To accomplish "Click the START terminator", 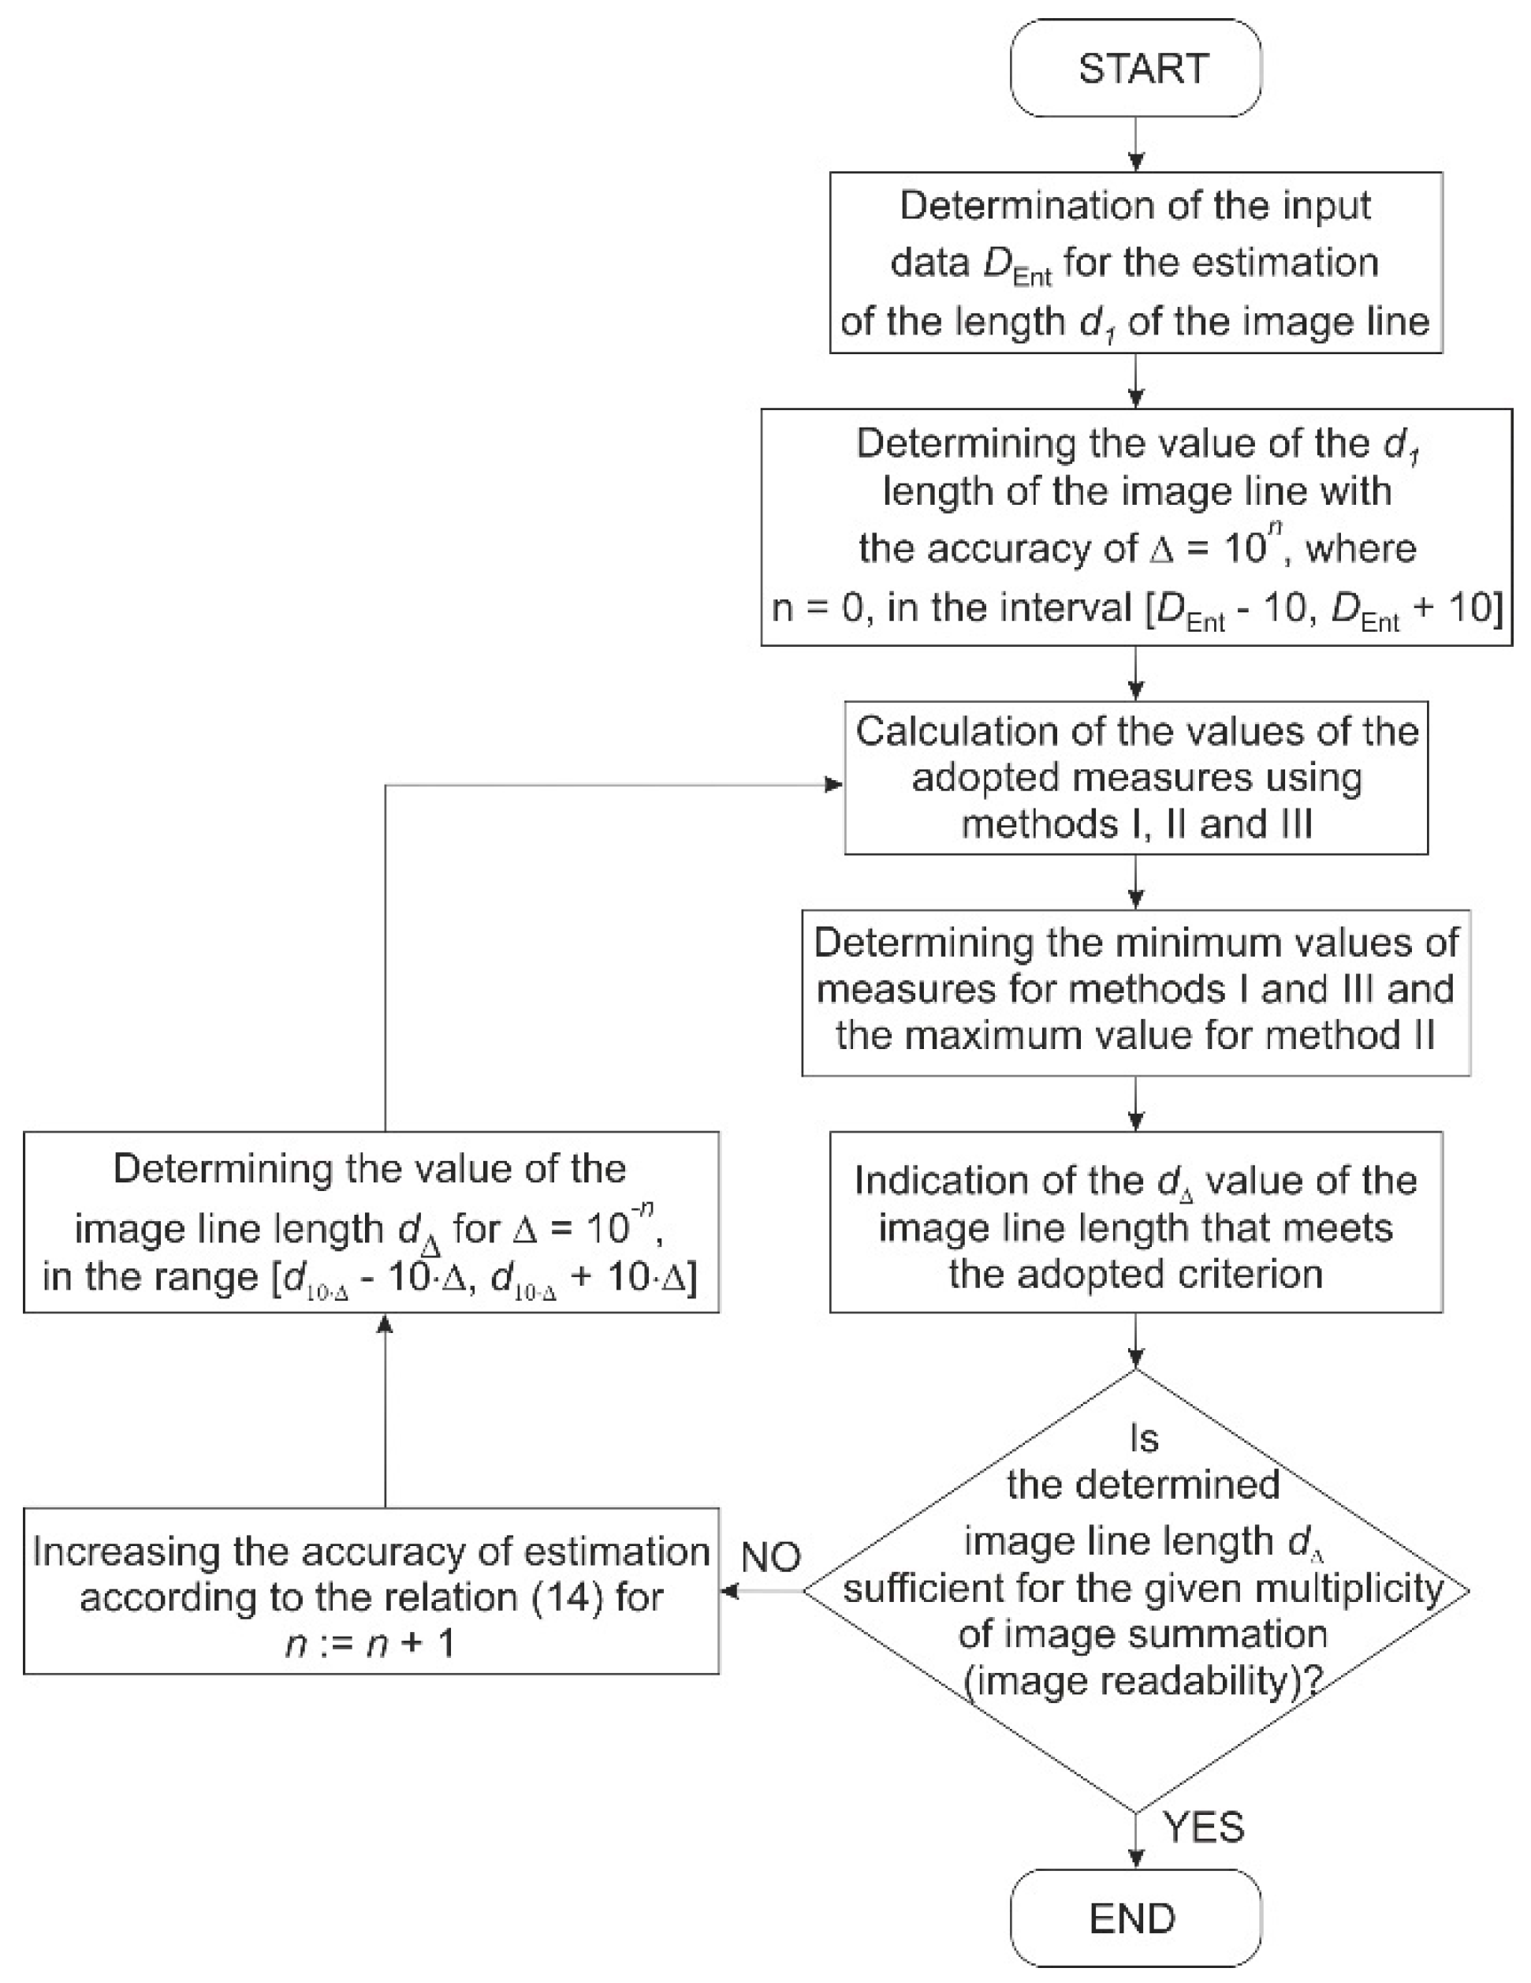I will click(x=1135, y=68).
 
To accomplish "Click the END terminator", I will click(x=1135, y=1918).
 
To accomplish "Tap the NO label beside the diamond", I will click(x=770, y=1557).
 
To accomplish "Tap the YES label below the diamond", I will click(x=1203, y=1826).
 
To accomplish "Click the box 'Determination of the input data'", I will click(x=1135, y=263).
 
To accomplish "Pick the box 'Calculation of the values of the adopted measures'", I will click(x=1135, y=778).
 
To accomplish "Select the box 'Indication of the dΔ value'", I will click(x=1135, y=1222).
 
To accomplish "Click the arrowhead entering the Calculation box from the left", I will click(x=833, y=786).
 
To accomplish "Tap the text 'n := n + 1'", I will click(x=371, y=1645).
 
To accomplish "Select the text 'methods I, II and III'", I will click(x=1136, y=824).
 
